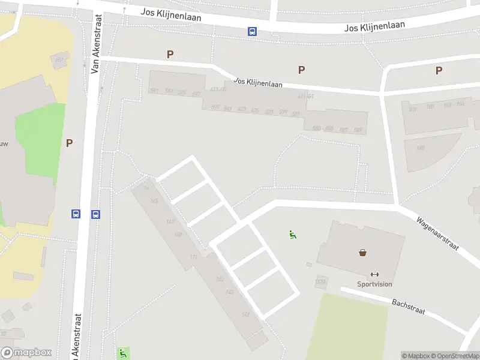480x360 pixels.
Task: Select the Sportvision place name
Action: pyautogui.click(x=375, y=284)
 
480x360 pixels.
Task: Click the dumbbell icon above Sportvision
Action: pyautogui.click(x=375, y=274)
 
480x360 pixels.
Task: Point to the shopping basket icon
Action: pyautogui.click(x=363, y=253)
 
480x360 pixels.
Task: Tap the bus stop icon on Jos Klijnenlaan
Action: pyautogui.click(x=253, y=32)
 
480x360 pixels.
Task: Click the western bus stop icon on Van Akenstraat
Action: pyautogui.click(x=76, y=214)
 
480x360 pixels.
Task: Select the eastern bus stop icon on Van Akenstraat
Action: pyautogui.click(x=95, y=214)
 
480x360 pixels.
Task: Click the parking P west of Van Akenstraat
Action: pyautogui.click(x=69, y=143)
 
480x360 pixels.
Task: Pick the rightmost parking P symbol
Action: pyautogui.click(x=439, y=71)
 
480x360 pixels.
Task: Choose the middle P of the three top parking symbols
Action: pyautogui.click(x=301, y=70)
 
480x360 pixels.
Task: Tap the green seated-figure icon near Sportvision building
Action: pyautogui.click(x=293, y=235)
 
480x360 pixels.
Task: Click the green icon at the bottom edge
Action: pyautogui.click(x=122, y=353)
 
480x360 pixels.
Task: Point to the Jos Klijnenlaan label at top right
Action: pyautogui.click(x=374, y=26)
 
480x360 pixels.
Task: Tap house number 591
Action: pyautogui.click(x=154, y=91)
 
